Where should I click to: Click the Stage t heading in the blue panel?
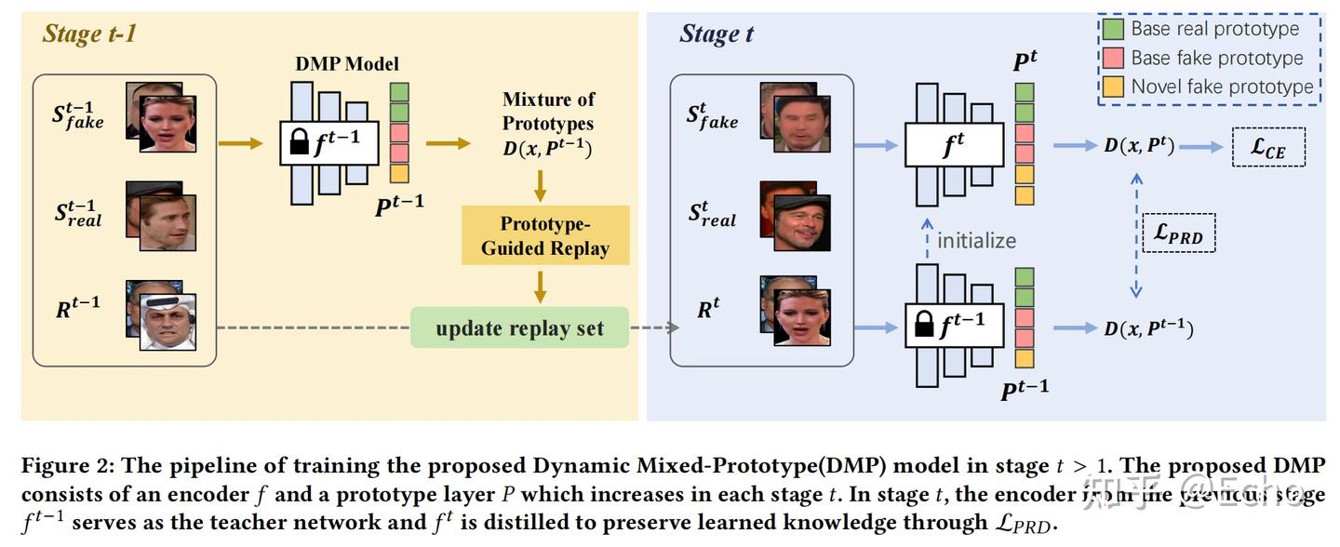tap(716, 34)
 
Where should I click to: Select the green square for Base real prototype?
tap(1113, 29)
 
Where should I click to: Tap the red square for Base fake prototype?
tap(1113, 58)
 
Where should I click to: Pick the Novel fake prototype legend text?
tap(1222, 87)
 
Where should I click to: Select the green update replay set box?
tap(519, 328)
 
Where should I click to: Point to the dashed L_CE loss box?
tap(1267, 148)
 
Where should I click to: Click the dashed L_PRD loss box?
tap(1177, 233)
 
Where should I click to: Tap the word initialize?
tap(976, 240)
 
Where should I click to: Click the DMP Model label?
tap(346, 63)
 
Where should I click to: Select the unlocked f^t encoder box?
tap(954, 145)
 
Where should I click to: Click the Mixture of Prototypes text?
tap(548, 111)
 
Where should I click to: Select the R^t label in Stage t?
tap(708, 309)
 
